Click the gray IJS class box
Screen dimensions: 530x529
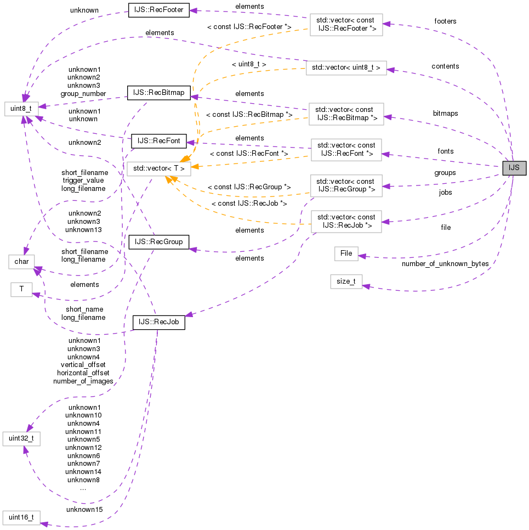pyautogui.click(x=514, y=168)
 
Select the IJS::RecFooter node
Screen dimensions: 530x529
pyautogui.click(x=158, y=10)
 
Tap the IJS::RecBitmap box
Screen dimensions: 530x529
pyautogui.click(x=158, y=93)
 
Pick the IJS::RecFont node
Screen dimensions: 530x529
pyautogui.click(x=159, y=142)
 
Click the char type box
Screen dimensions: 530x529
pyautogui.click(x=21, y=262)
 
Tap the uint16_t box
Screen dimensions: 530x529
pyautogui.click(x=21, y=517)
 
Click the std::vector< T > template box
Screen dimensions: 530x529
pyautogui.click(x=159, y=168)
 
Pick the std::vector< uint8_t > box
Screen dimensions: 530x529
pyautogui.click(x=346, y=68)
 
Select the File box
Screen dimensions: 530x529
pyautogui.click(x=346, y=253)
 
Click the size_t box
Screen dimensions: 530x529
pyautogui.click(x=346, y=281)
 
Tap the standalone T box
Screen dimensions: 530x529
pyautogui.click(x=21, y=289)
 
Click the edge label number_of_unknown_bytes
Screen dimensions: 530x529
pyautogui.click(x=445, y=264)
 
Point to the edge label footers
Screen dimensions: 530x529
pyautogui.click(x=445, y=21)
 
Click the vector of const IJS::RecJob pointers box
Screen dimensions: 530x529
pyautogui.click(x=346, y=222)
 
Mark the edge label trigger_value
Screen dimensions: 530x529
pyautogui.click(x=83, y=180)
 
